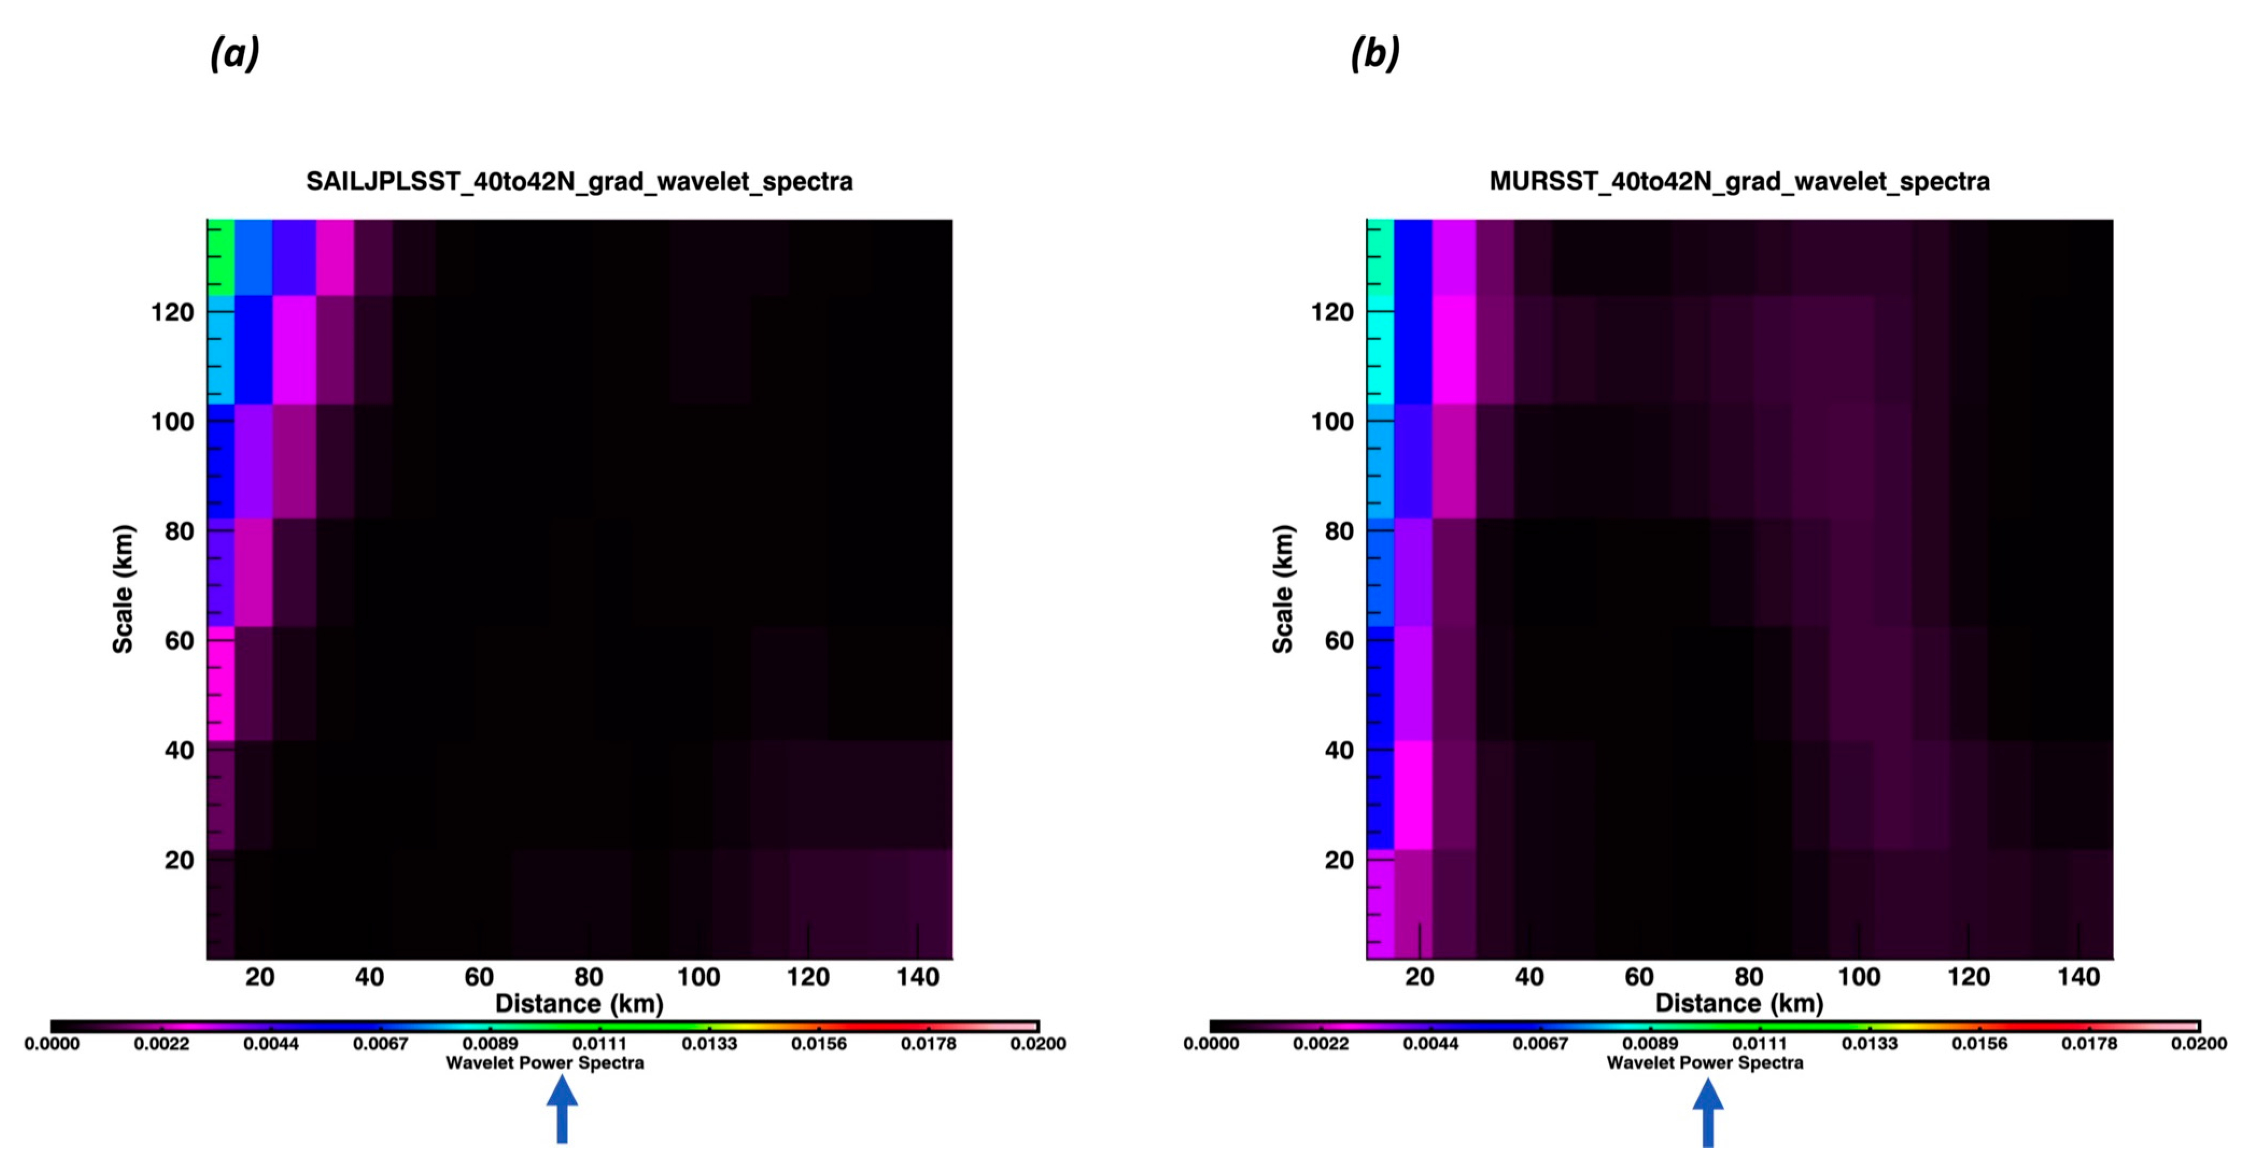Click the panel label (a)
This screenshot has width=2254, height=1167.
pos(235,54)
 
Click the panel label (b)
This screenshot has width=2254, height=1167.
pos(1374,54)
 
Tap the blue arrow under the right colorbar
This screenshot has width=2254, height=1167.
pos(1707,1111)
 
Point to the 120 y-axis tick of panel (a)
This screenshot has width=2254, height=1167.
pos(172,312)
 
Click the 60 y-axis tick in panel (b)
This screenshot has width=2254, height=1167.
pos(1339,641)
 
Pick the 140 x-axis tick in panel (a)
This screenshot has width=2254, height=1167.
pos(917,976)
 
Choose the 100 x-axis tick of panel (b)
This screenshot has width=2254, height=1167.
pos(1859,976)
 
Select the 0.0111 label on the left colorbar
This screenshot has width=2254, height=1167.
pos(600,1044)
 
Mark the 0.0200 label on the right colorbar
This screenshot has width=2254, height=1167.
pos(2199,1044)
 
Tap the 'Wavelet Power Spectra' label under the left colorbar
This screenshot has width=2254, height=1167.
pos(545,1063)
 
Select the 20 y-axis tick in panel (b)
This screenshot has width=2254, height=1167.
pos(1339,860)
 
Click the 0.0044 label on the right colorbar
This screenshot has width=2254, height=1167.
pos(1431,1044)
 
